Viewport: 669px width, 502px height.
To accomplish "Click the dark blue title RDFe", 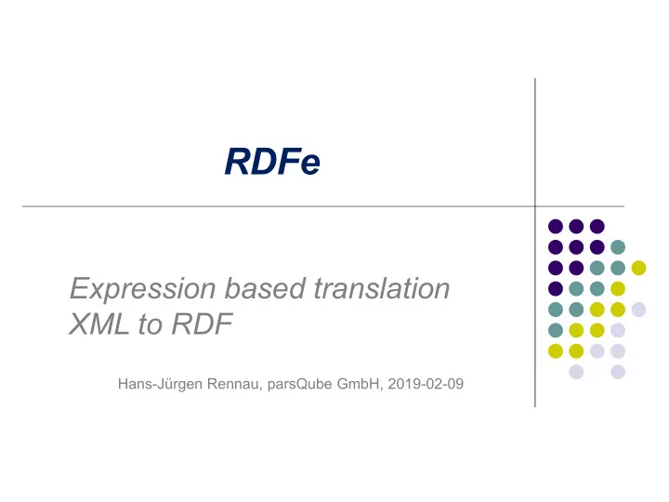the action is tap(272, 162).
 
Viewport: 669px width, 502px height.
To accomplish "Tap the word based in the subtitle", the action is tap(265, 287).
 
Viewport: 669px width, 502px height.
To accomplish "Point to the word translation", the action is tap(382, 287).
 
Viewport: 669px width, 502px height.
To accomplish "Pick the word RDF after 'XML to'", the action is tap(202, 324).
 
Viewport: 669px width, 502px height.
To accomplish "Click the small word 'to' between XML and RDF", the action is tap(150, 324).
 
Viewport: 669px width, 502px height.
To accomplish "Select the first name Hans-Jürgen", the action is tap(160, 384).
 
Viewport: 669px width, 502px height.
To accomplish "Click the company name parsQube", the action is tap(299, 384).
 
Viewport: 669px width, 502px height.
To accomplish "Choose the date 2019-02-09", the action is tap(426, 384).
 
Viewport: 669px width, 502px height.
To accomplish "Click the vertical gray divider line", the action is tap(535, 243).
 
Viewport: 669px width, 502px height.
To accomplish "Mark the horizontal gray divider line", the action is tap(323, 206).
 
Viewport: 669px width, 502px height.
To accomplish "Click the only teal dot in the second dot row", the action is tap(618, 246).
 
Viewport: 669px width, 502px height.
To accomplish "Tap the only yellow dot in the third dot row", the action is tap(638, 268).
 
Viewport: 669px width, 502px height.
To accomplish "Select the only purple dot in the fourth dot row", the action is tap(556, 288).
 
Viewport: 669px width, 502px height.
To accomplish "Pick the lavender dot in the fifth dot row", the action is tap(638, 310).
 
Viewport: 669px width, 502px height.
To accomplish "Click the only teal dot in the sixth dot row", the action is tap(556, 330).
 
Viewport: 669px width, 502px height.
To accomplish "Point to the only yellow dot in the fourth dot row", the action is tap(618, 288).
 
